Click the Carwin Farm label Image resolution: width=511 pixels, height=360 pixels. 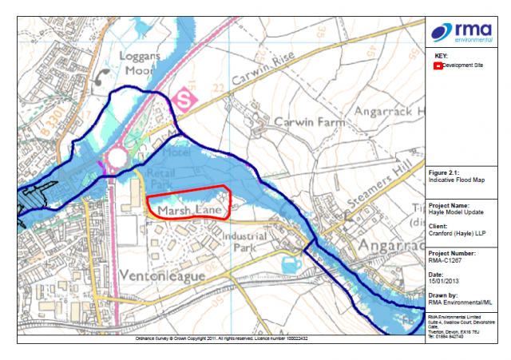click(307, 122)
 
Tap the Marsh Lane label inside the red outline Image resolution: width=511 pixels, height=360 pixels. click(188, 209)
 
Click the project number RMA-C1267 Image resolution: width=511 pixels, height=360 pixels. click(444, 259)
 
